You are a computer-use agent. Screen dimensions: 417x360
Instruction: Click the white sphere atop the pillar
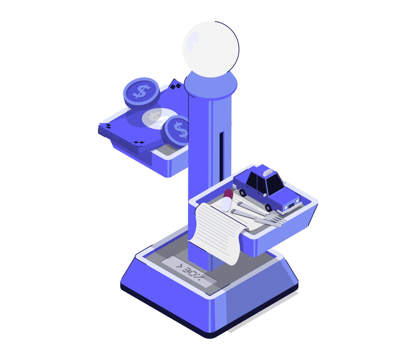211,49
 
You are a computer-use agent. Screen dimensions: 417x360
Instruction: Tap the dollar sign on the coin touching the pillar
181,130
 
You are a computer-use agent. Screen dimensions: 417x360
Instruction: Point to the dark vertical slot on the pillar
221,156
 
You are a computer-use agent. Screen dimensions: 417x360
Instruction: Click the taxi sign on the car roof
269,173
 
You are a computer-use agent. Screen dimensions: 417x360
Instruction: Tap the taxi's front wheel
268,207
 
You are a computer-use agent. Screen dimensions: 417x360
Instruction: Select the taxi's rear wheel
243,193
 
